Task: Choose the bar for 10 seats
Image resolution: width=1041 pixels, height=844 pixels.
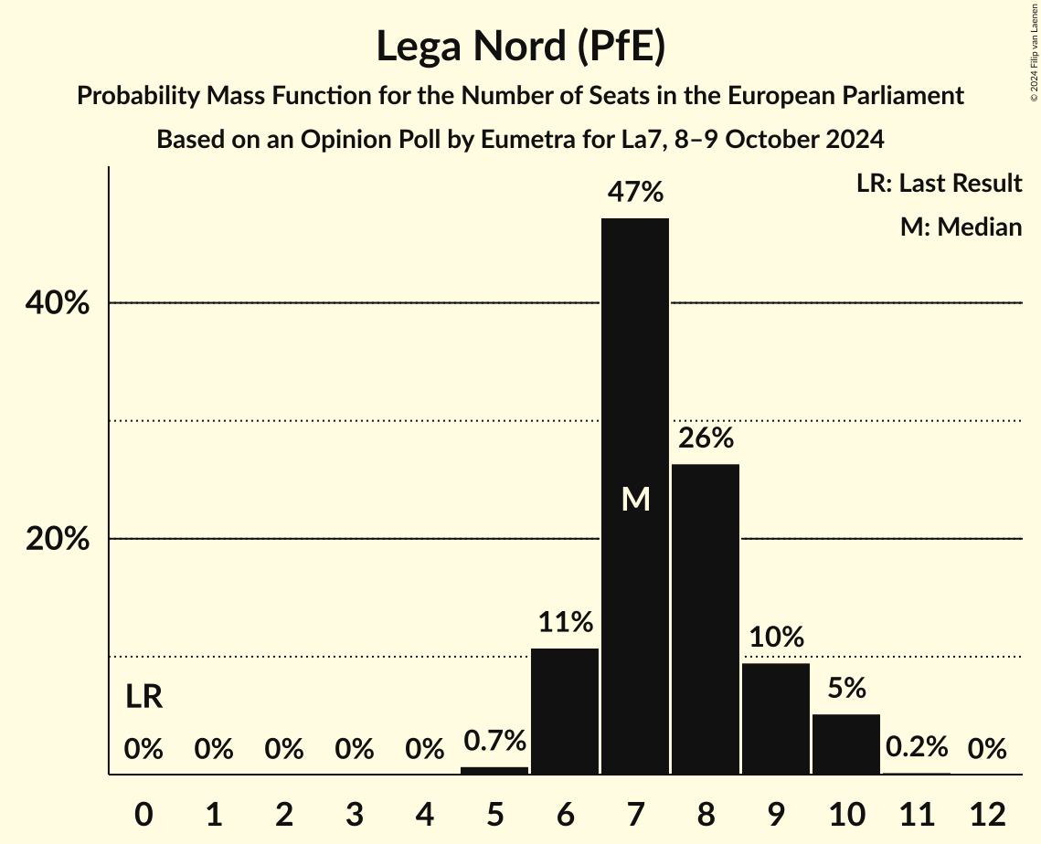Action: pos(846,744)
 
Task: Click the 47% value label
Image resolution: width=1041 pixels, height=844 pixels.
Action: pos(635,193)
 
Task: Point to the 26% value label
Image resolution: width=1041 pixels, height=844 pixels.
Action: pos(706,438)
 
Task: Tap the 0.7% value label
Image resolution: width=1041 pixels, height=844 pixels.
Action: pos(494,741)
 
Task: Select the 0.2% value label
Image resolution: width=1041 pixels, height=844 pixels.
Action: pos(917,748)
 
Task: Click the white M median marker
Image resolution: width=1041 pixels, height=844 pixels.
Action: pos(635,499)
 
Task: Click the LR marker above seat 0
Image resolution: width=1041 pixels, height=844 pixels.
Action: pos(143,698)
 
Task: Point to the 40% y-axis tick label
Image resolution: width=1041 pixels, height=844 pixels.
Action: pos(58,303)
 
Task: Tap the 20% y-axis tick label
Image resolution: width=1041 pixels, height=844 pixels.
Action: pos(58,539)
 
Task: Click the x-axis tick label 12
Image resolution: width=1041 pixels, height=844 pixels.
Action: pos(987,813)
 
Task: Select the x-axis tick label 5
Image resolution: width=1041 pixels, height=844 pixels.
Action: pos(494,813)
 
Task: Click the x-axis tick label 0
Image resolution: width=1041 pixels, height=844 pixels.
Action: pos(143,813)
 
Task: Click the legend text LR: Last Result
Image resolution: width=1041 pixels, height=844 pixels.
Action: pos(939,184)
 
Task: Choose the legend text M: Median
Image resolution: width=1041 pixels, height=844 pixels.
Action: pos(961,227)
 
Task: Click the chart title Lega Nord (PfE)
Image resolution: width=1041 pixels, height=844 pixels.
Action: pos(520,47)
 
